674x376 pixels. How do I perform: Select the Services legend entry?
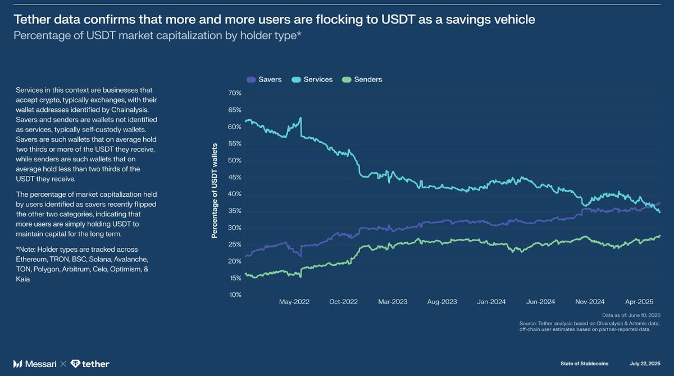(312, 80)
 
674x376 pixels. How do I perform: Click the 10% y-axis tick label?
(234, 295)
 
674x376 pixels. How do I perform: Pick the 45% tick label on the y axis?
(234, 177)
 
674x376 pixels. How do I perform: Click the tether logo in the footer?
(90, 364)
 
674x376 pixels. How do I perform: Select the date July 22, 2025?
(645, 364)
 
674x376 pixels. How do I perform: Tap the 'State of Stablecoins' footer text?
(584, 364)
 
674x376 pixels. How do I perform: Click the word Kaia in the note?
(24, 279)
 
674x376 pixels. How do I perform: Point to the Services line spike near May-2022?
(301, 119)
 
